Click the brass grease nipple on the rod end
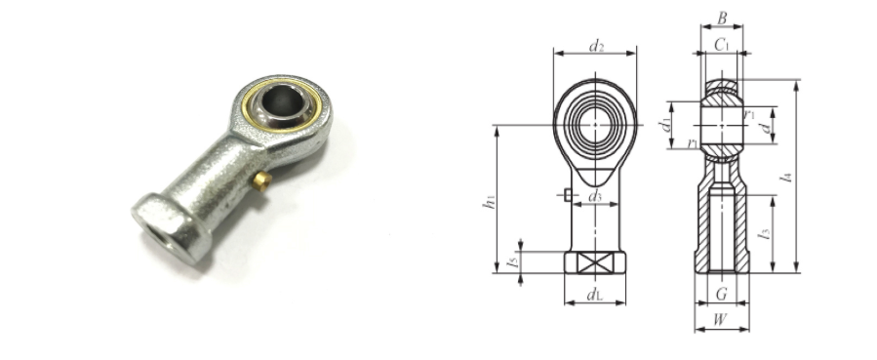click(x=261, y=181)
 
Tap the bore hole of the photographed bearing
click(x=282, y=101)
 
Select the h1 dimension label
click(x=489, y=201)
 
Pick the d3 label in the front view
click(x=595, y=196)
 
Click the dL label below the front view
click(x=594, y=295)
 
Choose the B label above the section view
click(x=722, y=19)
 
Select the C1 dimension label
click(x=722, y=45)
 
